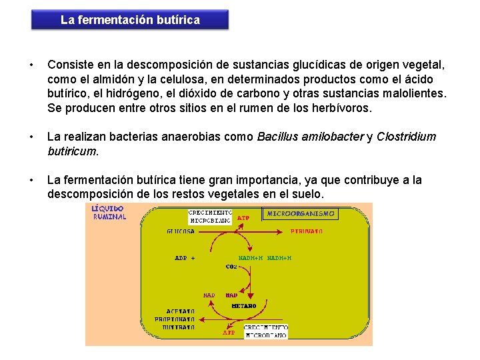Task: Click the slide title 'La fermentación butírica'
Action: [x=130, y=20]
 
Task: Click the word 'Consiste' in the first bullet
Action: [x=69, y=65]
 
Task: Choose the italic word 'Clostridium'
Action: [x=406, y=137]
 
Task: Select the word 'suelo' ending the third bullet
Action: [x=309, y=194]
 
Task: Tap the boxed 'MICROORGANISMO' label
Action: [x=301, y=214]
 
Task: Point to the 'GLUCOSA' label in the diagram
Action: [x=181, y=231]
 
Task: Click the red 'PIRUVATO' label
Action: [x=307, y=231]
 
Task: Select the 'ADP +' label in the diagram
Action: [x=185, y=257]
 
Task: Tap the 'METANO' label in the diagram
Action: [x=244, y=306]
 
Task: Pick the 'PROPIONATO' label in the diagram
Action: [x=175, y=319]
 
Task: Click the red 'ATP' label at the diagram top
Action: [x=243, y=217]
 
